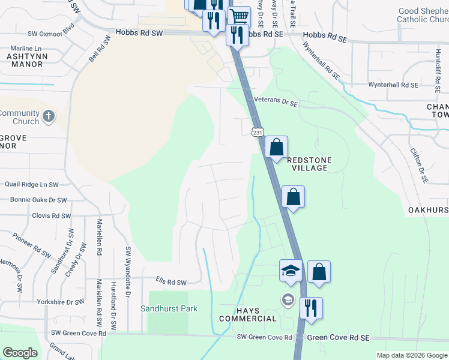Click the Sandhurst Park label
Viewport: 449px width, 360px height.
[169, 308]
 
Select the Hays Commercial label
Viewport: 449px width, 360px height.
[247, 314]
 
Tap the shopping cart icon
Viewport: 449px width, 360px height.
[239, 16]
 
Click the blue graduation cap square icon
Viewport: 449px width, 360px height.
[290, 271]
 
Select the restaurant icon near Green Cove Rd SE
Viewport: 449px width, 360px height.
[311, 308]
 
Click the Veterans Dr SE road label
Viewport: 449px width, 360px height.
[276, 103]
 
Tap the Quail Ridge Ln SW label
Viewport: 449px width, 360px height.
[32, 185]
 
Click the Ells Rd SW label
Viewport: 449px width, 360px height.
[171, 282]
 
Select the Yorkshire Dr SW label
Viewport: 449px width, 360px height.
[61, 302]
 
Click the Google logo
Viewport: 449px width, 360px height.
[20, 353]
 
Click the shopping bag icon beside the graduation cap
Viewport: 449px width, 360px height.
[319, 271]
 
